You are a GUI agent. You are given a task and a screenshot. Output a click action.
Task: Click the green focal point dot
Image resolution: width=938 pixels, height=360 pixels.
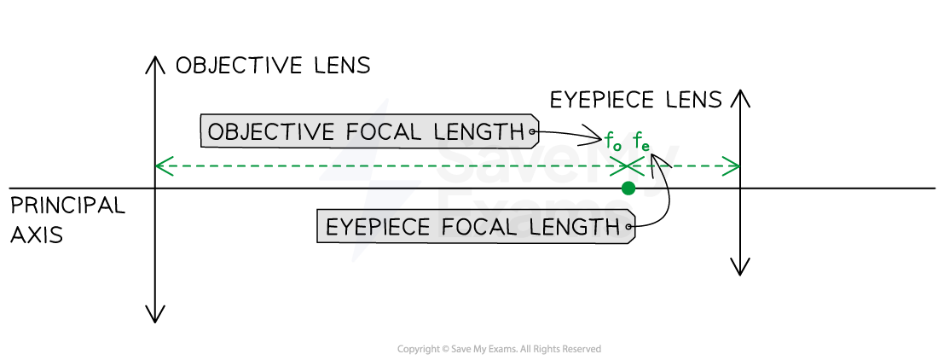tap(628, 189)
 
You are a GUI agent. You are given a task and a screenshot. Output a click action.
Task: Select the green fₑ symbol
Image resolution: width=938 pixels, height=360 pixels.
tap(641, 143)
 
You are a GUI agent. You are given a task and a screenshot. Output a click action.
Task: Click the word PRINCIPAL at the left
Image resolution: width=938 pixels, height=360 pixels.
tap(67, 205)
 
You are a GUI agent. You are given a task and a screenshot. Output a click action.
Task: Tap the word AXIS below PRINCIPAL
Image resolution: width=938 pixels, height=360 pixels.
tap(37, 235)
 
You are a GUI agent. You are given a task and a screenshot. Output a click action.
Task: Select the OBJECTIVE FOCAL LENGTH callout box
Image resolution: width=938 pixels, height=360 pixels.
tap(368, 131)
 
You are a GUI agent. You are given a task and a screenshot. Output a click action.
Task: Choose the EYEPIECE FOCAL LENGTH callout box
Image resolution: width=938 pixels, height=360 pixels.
tap(475, 227)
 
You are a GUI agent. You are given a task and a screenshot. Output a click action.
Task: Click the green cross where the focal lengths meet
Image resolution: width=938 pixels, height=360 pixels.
tap(627, 166)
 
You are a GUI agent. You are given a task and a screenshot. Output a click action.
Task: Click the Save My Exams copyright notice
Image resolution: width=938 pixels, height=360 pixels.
tap(500, 349)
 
